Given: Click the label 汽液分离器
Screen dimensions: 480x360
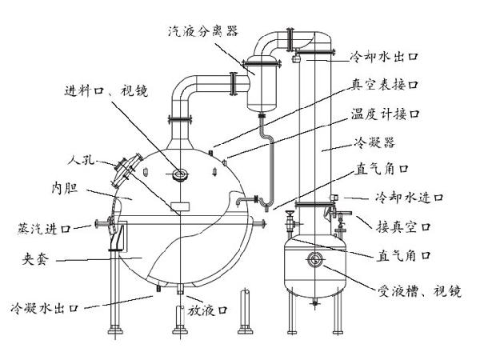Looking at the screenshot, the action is click(203, 31).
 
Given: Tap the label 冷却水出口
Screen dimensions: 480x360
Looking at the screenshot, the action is click(385, 56).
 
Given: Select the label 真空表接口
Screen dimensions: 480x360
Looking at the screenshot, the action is click(385, 84).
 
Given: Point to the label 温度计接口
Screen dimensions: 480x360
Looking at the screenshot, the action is click(385, 114).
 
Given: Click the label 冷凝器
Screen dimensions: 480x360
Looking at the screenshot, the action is click(374, 142).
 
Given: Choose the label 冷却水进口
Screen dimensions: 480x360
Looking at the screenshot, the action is click(410, 197).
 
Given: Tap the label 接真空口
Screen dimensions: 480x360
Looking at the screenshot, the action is click(404, 227).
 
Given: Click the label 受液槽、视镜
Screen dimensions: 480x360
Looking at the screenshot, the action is click(419, 291).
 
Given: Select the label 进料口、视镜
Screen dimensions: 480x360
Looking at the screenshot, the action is click(106, 90).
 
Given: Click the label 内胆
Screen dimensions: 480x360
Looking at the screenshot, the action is click(65, 188).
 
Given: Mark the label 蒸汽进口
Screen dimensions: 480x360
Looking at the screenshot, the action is click(45, 228).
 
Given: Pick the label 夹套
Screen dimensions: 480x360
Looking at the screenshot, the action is click(35, 259).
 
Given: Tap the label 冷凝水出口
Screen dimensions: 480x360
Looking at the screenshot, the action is click(45, 308).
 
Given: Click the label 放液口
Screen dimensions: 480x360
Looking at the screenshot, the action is click(208, 310).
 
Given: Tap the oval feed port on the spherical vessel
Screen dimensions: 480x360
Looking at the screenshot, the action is click(180, 174).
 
